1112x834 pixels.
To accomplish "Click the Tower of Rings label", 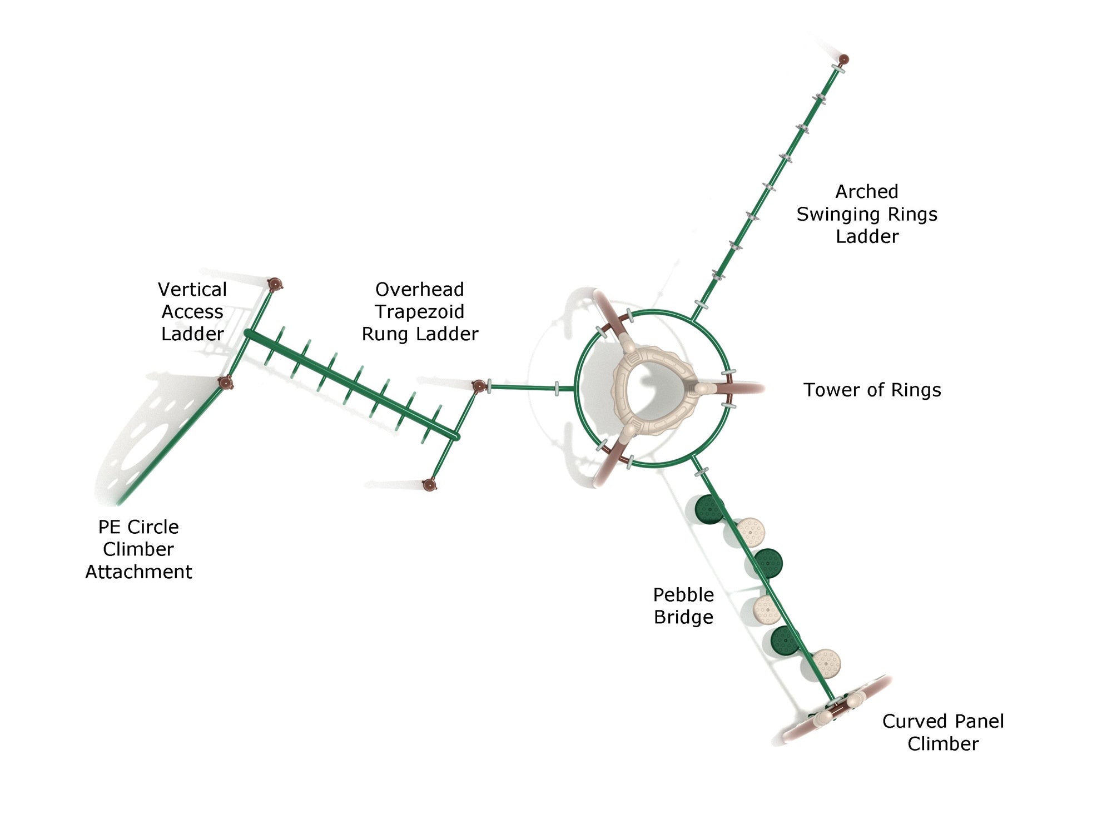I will click(872, 390).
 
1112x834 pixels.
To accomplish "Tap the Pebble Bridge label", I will click(683, 605).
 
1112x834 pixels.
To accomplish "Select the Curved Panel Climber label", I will click(943, 732).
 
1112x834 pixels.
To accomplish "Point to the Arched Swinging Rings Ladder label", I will click(867, 214).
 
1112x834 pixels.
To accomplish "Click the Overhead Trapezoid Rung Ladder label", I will click(420, 311).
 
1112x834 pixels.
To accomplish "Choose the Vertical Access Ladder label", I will click(192, 311).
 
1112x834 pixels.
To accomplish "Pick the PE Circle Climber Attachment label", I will click(138, 549).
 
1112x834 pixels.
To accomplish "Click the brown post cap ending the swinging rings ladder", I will click(843, 59).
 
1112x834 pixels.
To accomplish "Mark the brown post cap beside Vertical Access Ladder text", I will click(274, 285).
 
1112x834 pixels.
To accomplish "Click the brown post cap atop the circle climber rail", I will click(225, 383).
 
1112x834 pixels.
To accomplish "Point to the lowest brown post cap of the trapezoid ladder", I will click(429, 485).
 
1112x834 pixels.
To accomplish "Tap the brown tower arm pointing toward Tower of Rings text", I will click(739, 388).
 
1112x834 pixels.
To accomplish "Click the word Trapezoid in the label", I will click(420, 311).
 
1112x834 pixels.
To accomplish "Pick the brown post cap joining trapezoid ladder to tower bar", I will click(479, 385).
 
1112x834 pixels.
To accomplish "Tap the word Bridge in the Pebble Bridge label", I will click(683, 617).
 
